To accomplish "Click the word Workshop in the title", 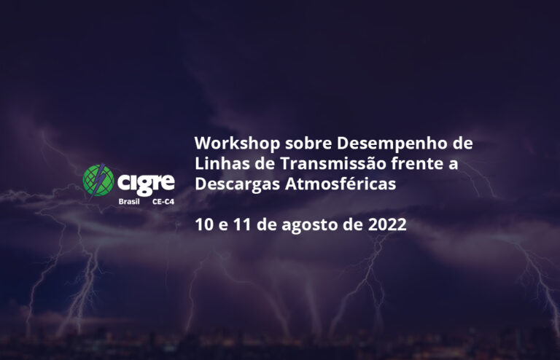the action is pyautogui.click(x=237, y=144).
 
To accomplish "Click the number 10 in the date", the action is pyautogui.click(x=204, y=224).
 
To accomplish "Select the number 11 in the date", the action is pyautogui.click(x=243, y=224).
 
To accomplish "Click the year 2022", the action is pyautogui.click(x=387, y=224).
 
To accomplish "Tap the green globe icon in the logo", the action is pyautogui.click(x=98, y=180).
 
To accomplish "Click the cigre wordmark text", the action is pyautogui.click(x=146, y=184).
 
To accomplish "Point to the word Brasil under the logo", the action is pyautogui.click(x=129, y=202).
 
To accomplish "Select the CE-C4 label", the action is pyautogui.click(x=163, y=202).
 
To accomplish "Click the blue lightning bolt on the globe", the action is pyautogui.click(x=97, y=179).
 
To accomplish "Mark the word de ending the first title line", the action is pyautogui.click(x=463, y=144).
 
